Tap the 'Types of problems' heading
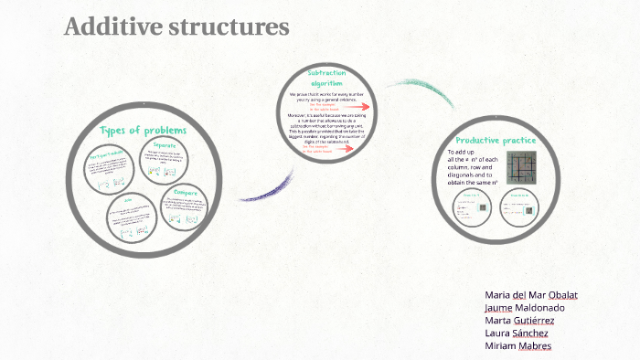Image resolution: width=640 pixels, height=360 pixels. pyautogui.click(x=144, y=130)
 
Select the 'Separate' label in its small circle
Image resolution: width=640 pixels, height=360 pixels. pyautogui.click(x=165, y=146)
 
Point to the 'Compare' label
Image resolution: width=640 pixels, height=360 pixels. pyautogui.click(x=187, y=193)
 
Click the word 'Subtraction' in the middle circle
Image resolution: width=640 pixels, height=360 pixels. pyautogui.click(x=327, y=72)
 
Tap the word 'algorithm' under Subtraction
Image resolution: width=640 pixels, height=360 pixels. pyautogui.click(x=326, y=83)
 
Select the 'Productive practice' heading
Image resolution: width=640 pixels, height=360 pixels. pyautogui.click(x=496, y=141)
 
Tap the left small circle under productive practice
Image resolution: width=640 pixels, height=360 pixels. pyautogui.click(x=472, y=208)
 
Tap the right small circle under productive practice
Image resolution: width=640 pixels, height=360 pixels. pyautogui.click(x=519, y=208)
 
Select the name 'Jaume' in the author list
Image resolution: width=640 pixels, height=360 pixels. pyautogui.click(x=498, y=308)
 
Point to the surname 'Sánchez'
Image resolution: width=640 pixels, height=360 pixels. pyautogui.click(x=530, y=334)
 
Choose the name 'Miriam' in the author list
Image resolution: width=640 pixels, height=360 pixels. pyautogui.click(x=500, y=346)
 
